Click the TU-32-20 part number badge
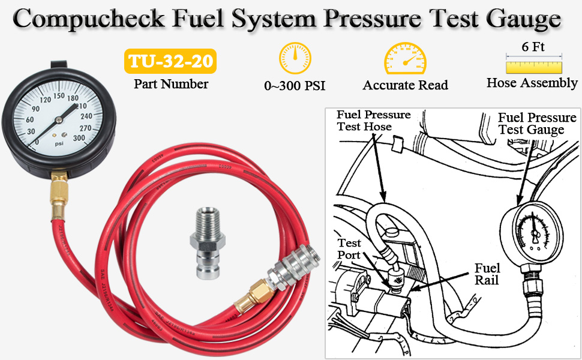point(170,62)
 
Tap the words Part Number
point(171,84)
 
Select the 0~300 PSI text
point(295,86)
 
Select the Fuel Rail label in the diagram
point(487,274)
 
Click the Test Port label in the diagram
point(349,249)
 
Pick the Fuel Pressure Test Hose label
point(373,121)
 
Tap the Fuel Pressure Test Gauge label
point(537,124)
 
